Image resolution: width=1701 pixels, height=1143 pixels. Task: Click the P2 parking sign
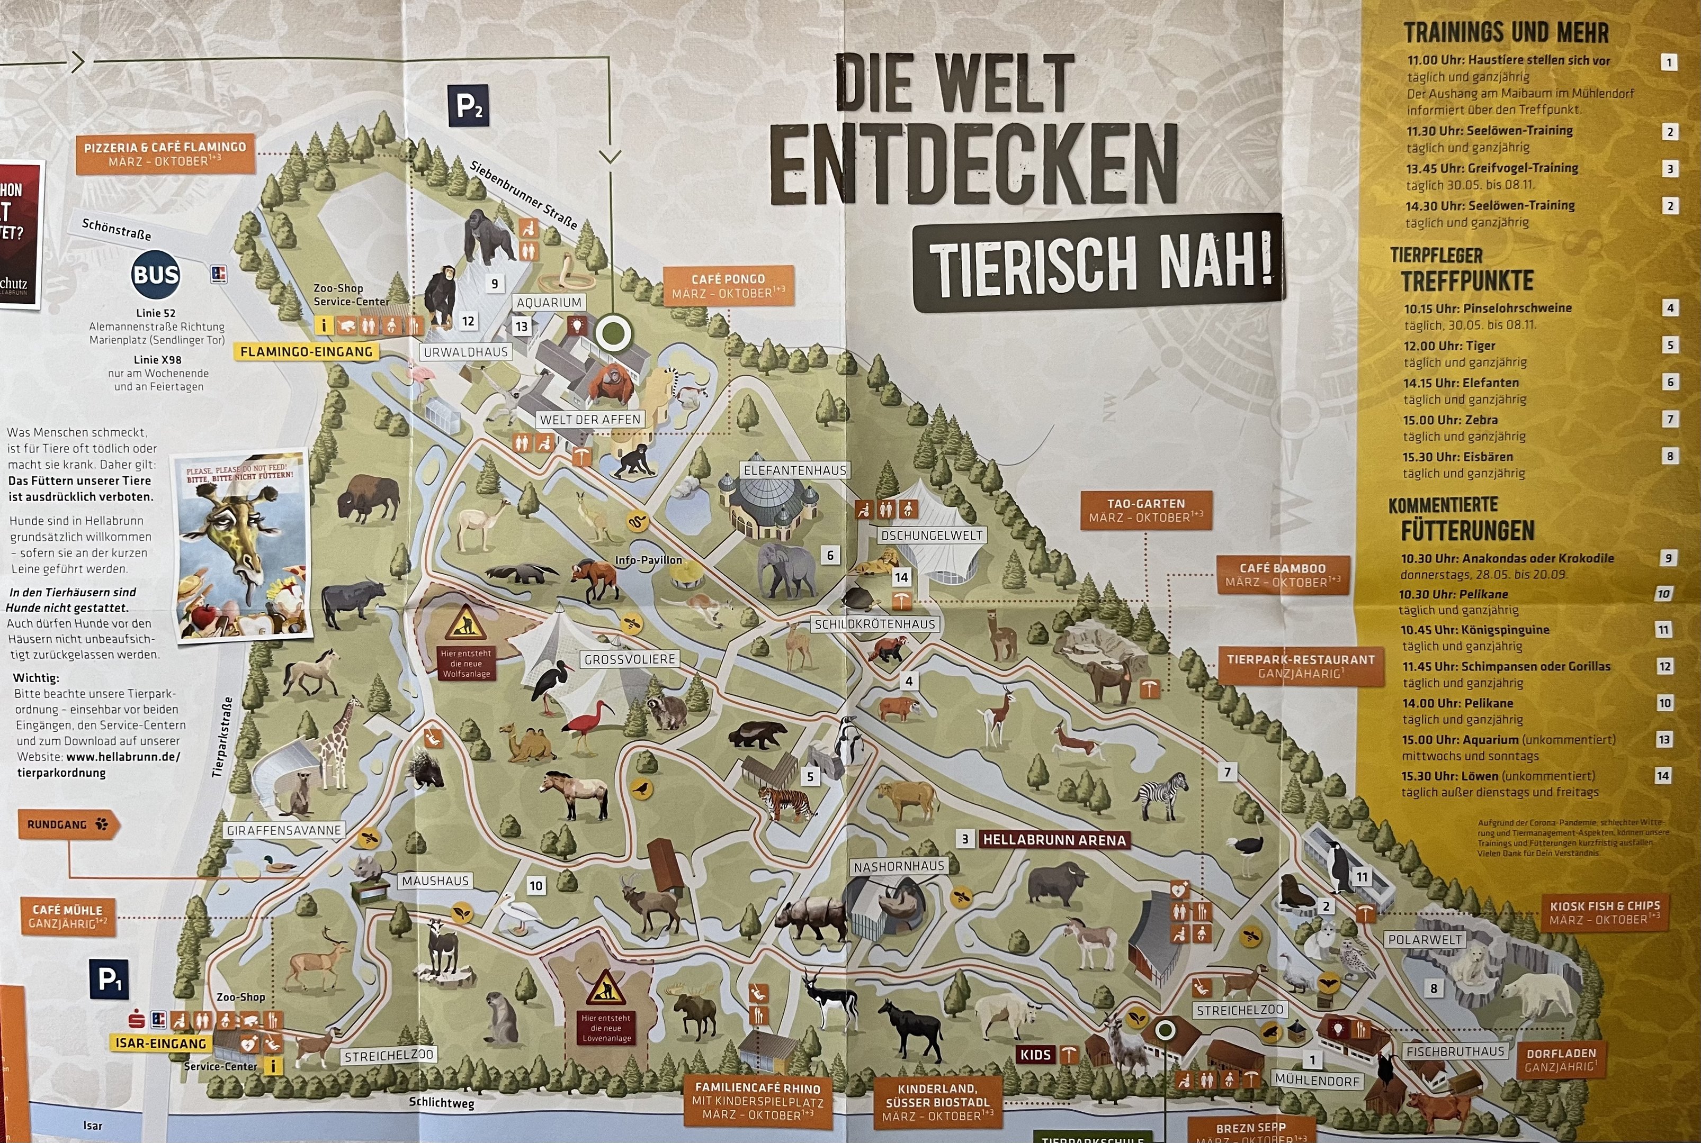tap(468, 106)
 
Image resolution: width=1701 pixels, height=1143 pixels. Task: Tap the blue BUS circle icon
tap(155, 275)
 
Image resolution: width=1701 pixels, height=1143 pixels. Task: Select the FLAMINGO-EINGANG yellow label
tap(306, 352)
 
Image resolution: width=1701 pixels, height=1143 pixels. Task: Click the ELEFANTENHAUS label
tap(794, 470)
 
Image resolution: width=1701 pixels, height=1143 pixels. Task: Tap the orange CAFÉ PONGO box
tap(728, 286)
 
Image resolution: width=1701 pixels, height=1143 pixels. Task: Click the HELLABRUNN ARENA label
tap(1054, 840)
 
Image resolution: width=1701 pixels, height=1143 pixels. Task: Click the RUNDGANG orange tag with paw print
tap(68, 824)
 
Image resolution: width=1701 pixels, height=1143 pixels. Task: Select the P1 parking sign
tap(109, 979)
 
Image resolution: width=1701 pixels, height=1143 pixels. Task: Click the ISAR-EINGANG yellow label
tap(160, 1043)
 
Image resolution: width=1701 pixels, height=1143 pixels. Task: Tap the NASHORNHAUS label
tap(899, 867)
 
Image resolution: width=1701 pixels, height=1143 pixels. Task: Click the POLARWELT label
tap(1425, 940)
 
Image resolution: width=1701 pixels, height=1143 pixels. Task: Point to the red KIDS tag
tap(1035, 1055)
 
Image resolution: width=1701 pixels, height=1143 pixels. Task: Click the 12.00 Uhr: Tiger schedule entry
tap(1448, 346)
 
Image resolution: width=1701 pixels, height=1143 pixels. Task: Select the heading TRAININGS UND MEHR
tap(1506, 33)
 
